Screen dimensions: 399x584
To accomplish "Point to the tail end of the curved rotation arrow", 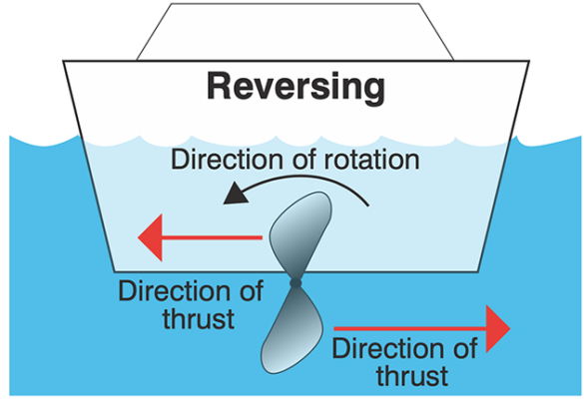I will tap(369, 205).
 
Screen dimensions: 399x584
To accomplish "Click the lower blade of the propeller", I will tap(291, 334).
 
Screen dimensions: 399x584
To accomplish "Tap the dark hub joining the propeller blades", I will tap(294, 284).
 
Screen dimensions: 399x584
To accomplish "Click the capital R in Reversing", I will tap(220, 88).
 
